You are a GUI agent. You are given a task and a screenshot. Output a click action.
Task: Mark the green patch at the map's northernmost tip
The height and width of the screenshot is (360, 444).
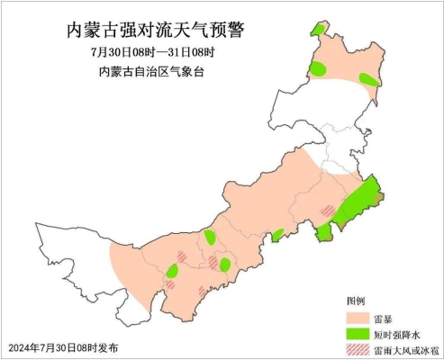click(319, 31)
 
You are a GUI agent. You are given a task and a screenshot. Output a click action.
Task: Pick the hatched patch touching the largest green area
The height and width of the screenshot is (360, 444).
click(328, 211)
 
